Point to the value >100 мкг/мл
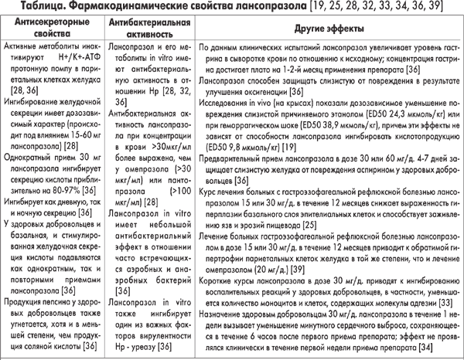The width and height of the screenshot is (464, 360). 172,188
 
